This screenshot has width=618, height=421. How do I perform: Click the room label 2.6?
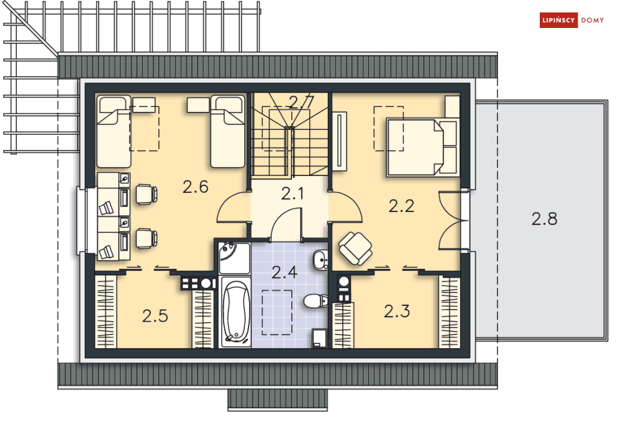(196, 187)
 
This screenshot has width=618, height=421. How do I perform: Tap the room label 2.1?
(293, 193)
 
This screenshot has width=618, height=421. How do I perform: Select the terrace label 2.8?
(544, 219)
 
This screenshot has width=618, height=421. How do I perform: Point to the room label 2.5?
(155, 316)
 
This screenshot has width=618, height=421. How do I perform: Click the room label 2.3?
(397, 312)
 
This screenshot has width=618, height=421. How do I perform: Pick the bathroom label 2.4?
(284, 272)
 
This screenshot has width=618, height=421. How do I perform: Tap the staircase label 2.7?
(301, 102)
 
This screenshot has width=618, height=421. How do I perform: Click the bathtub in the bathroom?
(235, 312)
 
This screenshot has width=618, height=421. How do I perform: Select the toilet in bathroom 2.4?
(316, 301)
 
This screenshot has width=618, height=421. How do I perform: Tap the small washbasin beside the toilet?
(320, 260)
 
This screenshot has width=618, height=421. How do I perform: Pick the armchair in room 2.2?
(355, 248)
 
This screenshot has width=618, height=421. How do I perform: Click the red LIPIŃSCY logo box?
(558, 20)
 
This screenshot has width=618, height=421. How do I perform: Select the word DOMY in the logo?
(593, 21)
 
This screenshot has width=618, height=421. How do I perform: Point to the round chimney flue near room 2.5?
(206, 284)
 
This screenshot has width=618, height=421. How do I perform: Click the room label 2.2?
(401, 206)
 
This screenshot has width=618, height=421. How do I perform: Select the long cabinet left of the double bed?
(339, 141)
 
